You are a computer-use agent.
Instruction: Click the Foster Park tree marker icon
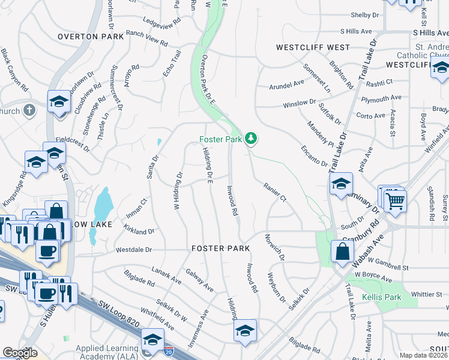coord(250,139)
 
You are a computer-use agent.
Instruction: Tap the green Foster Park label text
coord(220,140)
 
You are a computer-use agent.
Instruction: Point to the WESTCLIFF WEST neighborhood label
coord(312,47)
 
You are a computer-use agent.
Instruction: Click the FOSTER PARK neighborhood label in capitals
coord(220,248)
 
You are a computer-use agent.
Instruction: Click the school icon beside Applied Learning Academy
coord(152,339)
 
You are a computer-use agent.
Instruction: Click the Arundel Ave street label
coord(287,85)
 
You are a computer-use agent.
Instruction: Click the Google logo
coord(20,353)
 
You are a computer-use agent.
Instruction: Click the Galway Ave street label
coord(200,280)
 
